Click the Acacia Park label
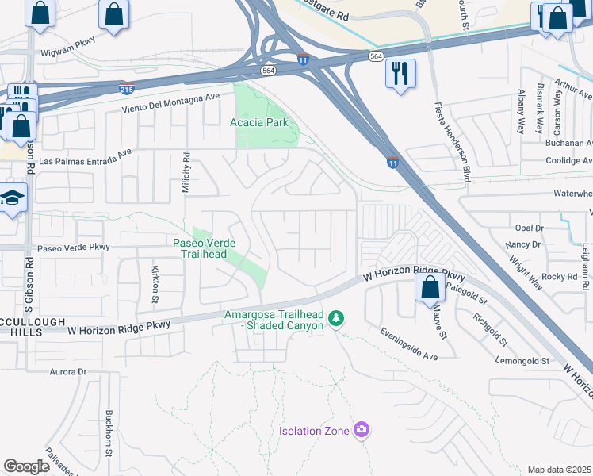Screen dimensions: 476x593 (258, 122)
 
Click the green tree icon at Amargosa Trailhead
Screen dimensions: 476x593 (337, 318)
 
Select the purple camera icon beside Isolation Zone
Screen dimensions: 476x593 (362, 430)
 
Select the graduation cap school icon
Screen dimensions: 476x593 (13, 198)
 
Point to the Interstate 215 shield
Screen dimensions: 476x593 (127, 87)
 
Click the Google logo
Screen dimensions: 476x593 (26, 466)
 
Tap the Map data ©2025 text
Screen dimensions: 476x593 (559, 470)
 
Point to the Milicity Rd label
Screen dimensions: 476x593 (186, 171)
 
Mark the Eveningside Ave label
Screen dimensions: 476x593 (408, 344)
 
